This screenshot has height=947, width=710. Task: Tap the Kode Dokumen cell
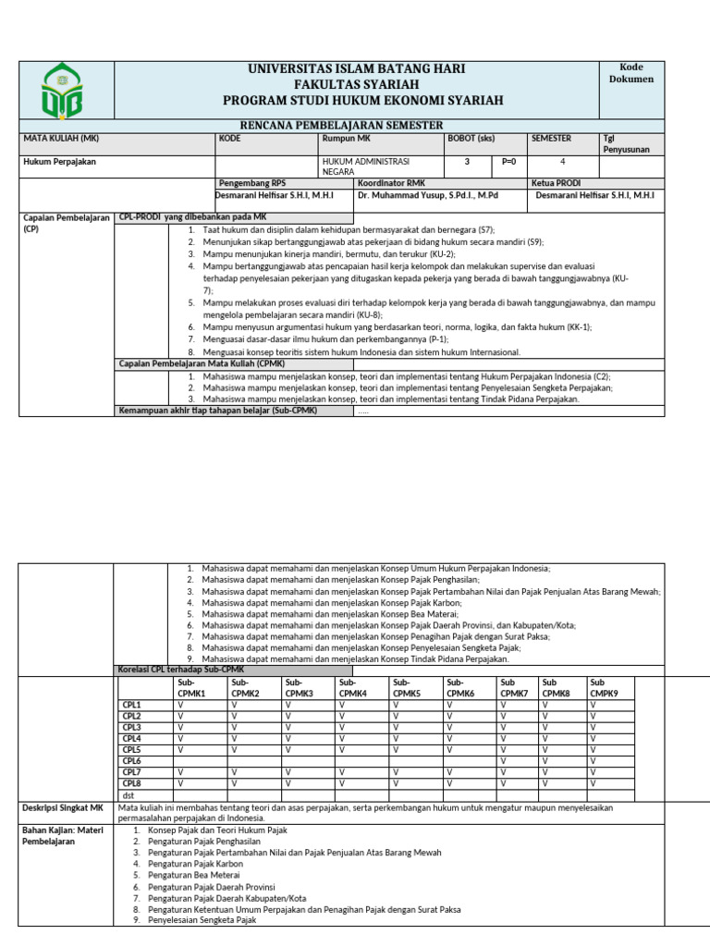click(630, 73)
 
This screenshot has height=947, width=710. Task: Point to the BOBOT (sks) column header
click(472, 139)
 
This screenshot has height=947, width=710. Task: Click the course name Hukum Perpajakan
click(59, 161)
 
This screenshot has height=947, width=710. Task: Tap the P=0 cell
click(508, 161)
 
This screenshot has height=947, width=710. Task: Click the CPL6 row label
click(132, 761)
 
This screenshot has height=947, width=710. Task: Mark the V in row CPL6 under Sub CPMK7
click(504, 761)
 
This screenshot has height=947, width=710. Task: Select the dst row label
click(129, 795)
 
